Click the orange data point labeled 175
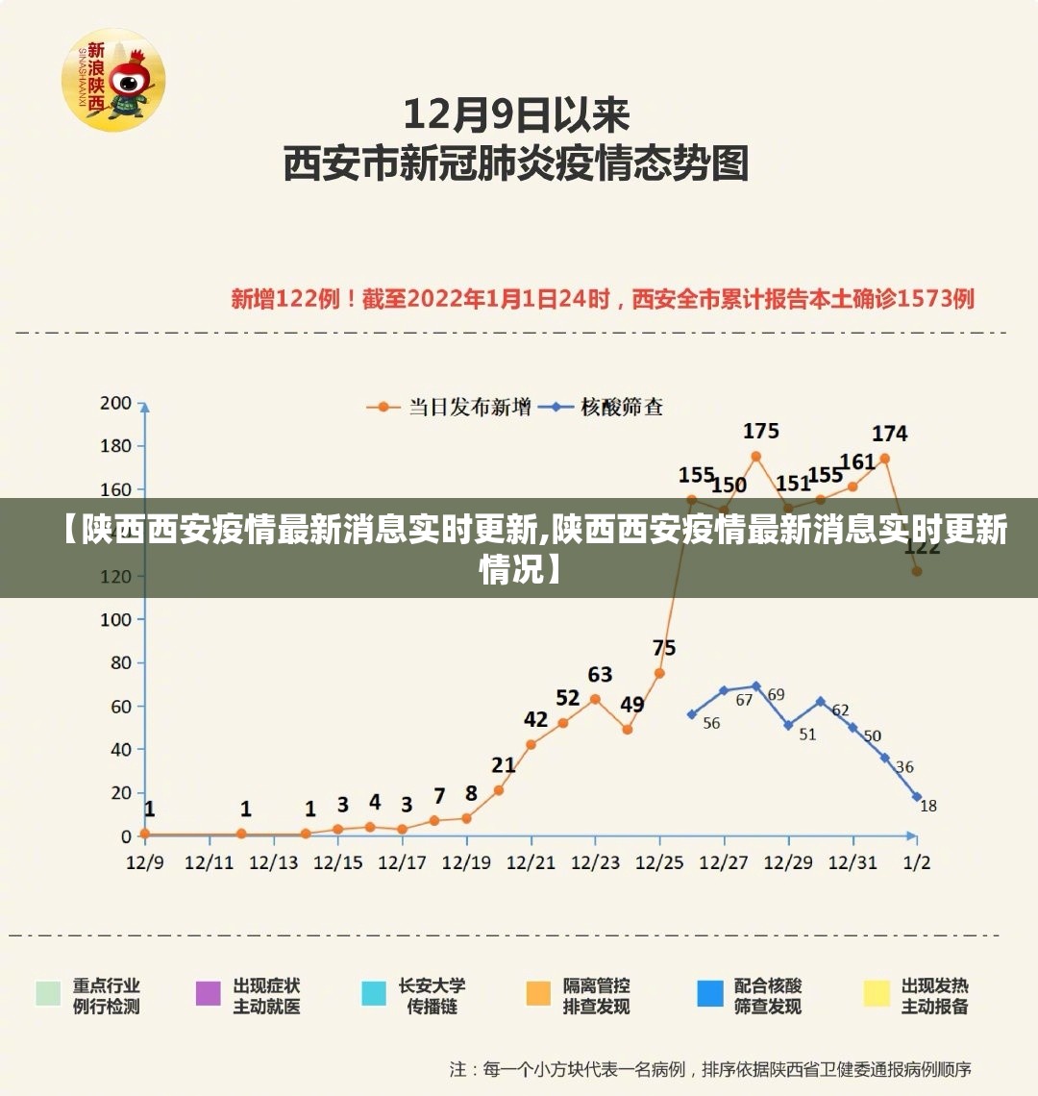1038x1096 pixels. point(756,456)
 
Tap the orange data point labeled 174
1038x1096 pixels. point(885,459)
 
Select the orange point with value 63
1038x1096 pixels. point(595,699)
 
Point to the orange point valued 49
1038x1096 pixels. point(628,730)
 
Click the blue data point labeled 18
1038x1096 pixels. point(917,797)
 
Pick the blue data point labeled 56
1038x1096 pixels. point(692,714)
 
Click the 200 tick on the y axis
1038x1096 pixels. point(115,403)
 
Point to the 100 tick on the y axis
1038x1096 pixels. point(115,619)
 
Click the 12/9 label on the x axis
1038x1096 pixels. point(145,862)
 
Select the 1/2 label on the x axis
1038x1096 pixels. point(917,862)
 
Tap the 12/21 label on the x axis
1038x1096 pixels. point(531,862)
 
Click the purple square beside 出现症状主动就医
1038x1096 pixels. point(209,993)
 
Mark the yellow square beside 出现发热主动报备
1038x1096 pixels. point(877,993)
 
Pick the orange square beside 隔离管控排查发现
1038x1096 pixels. point(539,993)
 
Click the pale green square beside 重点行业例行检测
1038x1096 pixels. point(48,993)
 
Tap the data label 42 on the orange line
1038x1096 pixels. point(535,719)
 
